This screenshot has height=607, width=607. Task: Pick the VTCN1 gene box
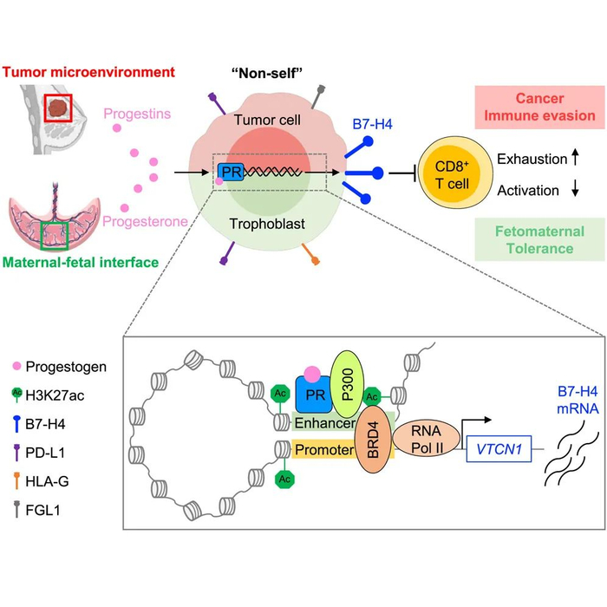pyautogui.click(x=498, y=450)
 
